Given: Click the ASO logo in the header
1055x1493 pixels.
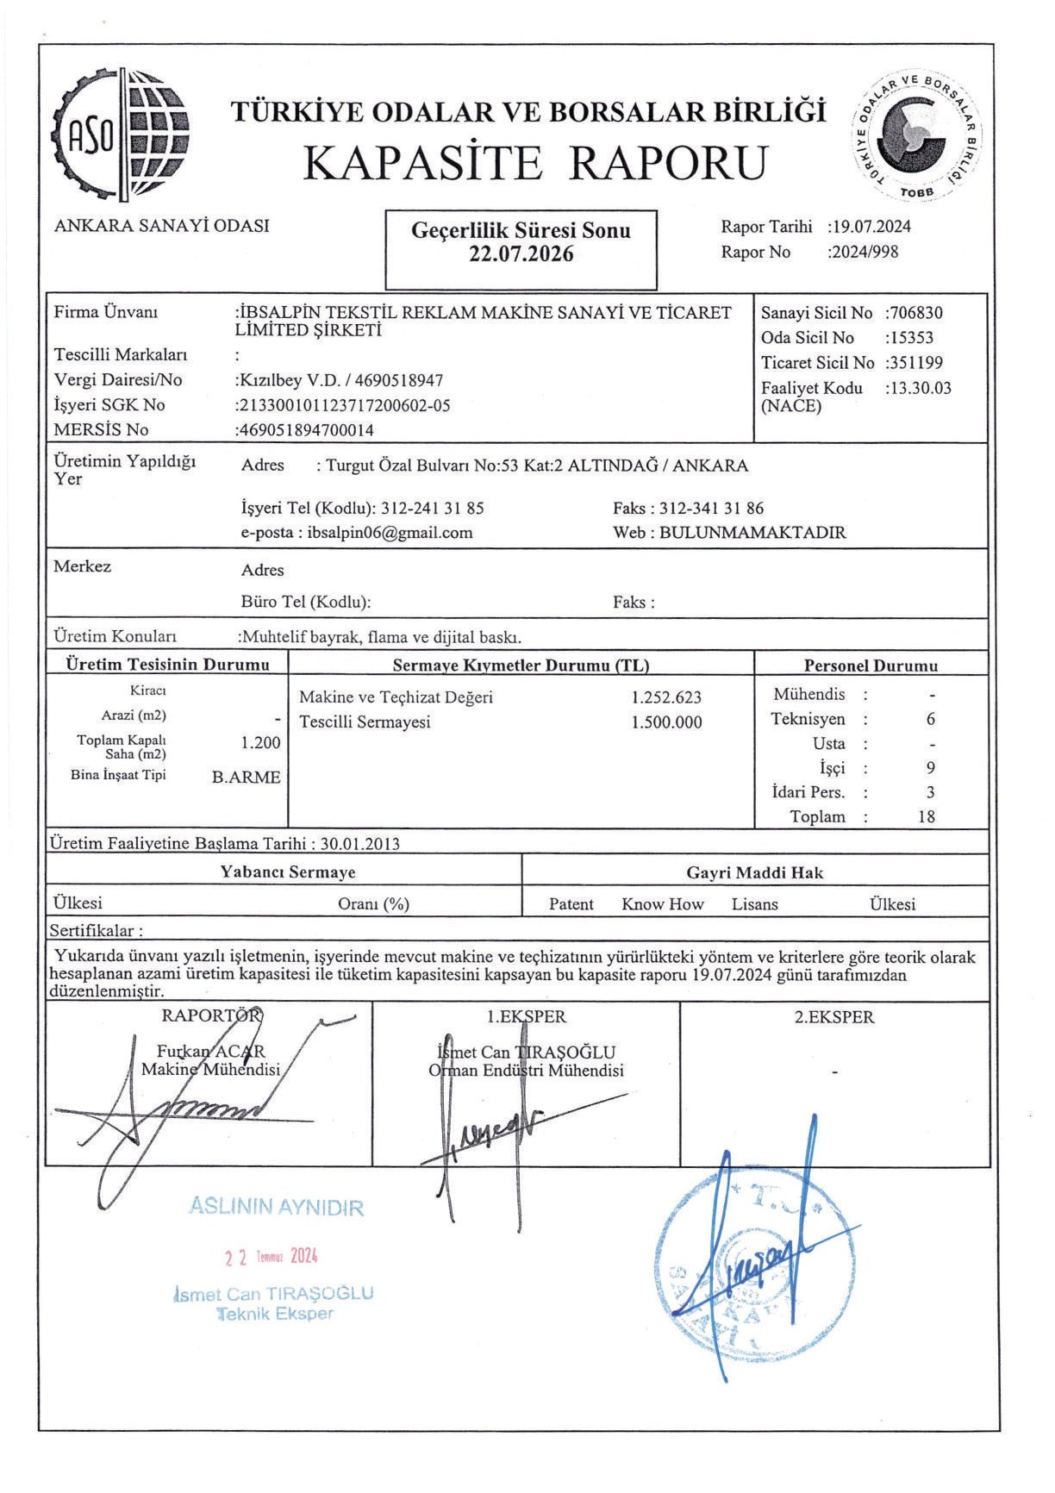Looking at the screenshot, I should pyautogui.click(x=122, y=133).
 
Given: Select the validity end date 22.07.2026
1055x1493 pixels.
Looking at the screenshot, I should pyautogui.click(x=521, y=254).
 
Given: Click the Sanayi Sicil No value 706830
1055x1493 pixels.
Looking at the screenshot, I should pyautogui.click(x=916, y=313).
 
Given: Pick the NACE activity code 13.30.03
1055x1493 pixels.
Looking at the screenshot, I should pyautogui.click(x=920, y=388).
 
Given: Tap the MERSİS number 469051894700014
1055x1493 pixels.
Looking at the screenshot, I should pyautogui.click(x=306, y=430).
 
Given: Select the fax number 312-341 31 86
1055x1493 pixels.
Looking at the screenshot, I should pyautogui.click(x=711, y=508).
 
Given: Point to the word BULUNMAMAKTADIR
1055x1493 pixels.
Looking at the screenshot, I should pyautogui.click(x=752, y=532).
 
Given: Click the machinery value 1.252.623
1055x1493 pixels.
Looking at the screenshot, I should pyautogui.click(x=666, y=697).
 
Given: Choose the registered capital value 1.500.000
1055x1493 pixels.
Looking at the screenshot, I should pyautogui.click(x=666, y=722).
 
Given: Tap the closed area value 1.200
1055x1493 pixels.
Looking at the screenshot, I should pyautogui.click(x=261, y=742).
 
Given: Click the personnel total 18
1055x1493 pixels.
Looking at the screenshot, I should pyautogui.click(x=927, y=816).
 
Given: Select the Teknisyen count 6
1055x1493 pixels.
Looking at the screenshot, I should pyautogui.click(x=930, y=719).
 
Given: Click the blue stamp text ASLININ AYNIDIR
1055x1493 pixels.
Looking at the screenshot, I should pyautogui.click(x=276, y=1206).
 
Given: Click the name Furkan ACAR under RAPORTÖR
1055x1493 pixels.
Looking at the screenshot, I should pyautogui.click(x=211, y=1052).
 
